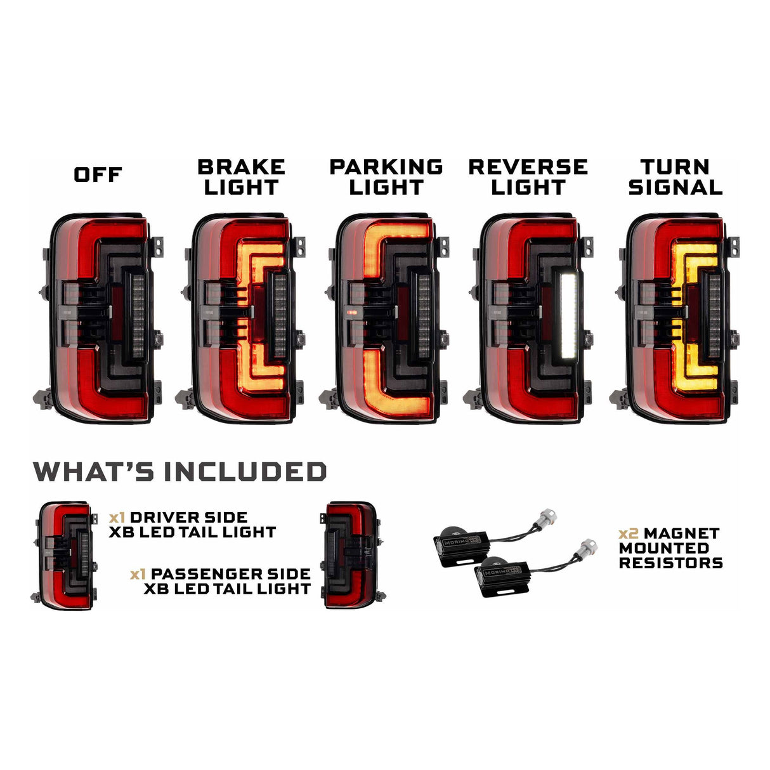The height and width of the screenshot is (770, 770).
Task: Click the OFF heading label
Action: click(98, 175)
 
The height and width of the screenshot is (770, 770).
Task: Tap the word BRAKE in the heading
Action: click(241, 167)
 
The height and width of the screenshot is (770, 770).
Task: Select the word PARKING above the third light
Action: click(386, 167)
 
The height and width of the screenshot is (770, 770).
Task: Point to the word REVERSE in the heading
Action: click(528, 167)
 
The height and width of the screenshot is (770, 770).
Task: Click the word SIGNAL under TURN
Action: click(675, 188)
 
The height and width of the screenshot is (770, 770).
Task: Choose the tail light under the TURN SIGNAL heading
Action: click(677, 317)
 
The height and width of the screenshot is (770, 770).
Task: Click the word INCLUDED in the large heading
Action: click(245, 473)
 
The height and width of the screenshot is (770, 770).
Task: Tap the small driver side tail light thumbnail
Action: click(64, 554)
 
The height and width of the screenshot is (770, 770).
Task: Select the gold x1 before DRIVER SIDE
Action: click(117, 518)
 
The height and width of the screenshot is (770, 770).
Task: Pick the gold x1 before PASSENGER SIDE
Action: click(138, 575)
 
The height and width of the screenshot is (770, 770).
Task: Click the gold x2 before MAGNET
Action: click(629, 534)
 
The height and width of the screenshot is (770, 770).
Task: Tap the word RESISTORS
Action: click(671, 563)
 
